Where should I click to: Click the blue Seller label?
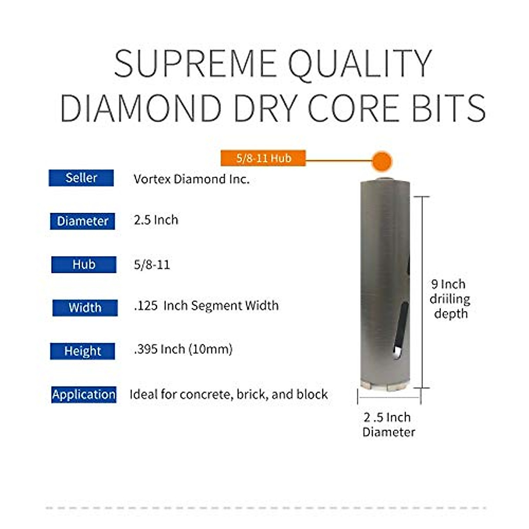(x=81, y=178)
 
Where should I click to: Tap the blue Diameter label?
(x=82, y=221)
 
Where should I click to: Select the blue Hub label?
(x=84, y=264)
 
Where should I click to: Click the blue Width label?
(x=85, y=308)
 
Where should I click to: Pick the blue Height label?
(x=82, y=351)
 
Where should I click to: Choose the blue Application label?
(x=84, y=394)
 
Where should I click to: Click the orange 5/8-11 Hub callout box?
(x=263, y=158)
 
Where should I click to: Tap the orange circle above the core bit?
(x=381, y=162)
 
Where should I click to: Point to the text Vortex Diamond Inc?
(x=191, y=179)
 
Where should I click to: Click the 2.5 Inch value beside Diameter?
(x=156, y=220)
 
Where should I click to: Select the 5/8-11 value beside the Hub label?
(x=152, y=264)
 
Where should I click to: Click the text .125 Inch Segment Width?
(x=206, y=305)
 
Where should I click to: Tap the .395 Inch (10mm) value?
(x=183, y=349)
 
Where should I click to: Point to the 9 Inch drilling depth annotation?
(x=450, y=299)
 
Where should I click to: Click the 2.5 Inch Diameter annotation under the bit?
(x=388, y=424)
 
